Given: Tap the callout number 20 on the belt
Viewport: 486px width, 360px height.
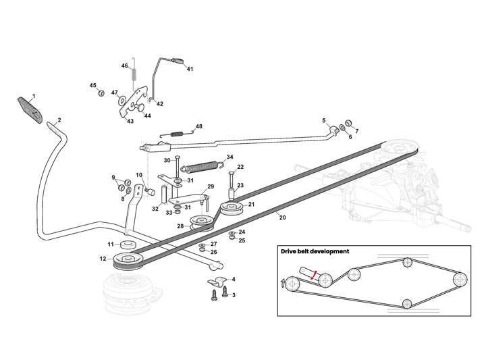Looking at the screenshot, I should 282,217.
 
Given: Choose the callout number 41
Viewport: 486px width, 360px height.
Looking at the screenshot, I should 190,69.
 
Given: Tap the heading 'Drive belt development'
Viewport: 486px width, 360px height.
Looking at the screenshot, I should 315,251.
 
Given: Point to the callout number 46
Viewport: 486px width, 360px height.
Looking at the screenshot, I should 124,66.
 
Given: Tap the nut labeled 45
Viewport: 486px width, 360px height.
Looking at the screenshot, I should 101,93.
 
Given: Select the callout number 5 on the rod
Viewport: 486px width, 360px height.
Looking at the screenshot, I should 324,122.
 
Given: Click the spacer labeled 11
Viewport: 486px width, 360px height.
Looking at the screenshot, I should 128,244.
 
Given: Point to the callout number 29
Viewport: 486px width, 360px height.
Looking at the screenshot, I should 211,186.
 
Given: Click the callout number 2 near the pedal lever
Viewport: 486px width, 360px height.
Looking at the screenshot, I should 59,120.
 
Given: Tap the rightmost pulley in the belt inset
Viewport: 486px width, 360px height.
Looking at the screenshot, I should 459,279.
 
